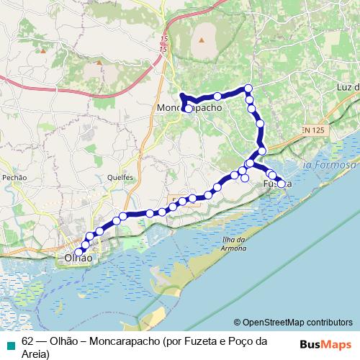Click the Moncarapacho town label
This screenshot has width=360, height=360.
pyautogui.click(x=189, y=108)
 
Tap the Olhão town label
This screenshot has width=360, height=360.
pyautogui.click(x=78, y=257)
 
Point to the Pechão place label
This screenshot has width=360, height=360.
pyautogui.click(x=14, y=177)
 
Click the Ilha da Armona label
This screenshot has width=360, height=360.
pyautogui.click(x=235, y=245)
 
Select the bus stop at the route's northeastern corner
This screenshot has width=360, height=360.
pyautogui.click(x=249, y=89)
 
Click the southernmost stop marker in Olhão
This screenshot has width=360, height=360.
pyautogui.click(x=71, y=252)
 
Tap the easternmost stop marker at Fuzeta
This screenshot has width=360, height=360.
pyautogui.click(x=281, y=183)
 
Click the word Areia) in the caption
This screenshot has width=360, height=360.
pyautogui.click(x=35, y=354)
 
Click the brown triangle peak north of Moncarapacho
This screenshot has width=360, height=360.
pyautogui.click(x=202, y=40)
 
